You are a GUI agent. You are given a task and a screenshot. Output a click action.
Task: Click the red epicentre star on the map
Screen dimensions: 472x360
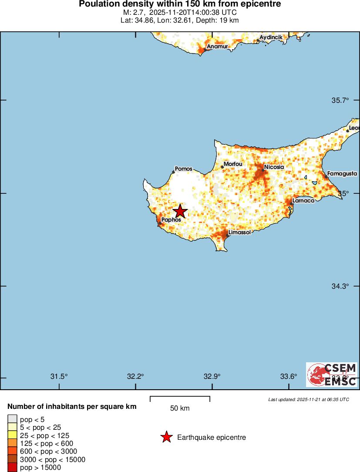(180, 212)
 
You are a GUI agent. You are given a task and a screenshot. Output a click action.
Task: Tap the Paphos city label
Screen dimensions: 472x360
(171, 220)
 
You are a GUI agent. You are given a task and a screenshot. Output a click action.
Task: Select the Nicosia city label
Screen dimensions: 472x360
(274, 167)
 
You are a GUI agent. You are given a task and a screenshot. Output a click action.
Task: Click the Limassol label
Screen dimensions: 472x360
(239, 233)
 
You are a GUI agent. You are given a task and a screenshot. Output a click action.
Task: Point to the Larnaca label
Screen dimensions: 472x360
(303, 201)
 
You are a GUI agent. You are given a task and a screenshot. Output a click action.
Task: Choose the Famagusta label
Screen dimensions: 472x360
(342, 173)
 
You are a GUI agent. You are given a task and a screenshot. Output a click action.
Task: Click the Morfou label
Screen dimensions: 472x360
(233, 164)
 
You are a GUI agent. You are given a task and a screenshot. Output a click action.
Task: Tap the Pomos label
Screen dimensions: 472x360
(183, 169)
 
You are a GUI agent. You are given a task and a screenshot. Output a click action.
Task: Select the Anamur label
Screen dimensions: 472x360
(216, 46)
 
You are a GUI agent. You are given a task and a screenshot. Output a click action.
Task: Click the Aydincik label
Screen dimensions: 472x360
(271, 37)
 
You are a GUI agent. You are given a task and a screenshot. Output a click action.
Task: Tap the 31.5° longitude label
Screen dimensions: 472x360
(59, 376)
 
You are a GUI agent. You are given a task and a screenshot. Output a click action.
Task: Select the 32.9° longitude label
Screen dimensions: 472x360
(212, 376)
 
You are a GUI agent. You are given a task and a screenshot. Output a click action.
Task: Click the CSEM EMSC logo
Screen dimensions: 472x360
(332, 374)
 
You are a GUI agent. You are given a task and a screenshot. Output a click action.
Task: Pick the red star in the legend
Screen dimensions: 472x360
(166, 437)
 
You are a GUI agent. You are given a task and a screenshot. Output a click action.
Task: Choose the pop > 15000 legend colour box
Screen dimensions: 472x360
(12, 467)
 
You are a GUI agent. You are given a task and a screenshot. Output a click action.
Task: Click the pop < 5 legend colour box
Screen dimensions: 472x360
(12, 419)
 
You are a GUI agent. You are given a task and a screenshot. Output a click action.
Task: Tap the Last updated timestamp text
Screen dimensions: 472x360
(308, 399)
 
